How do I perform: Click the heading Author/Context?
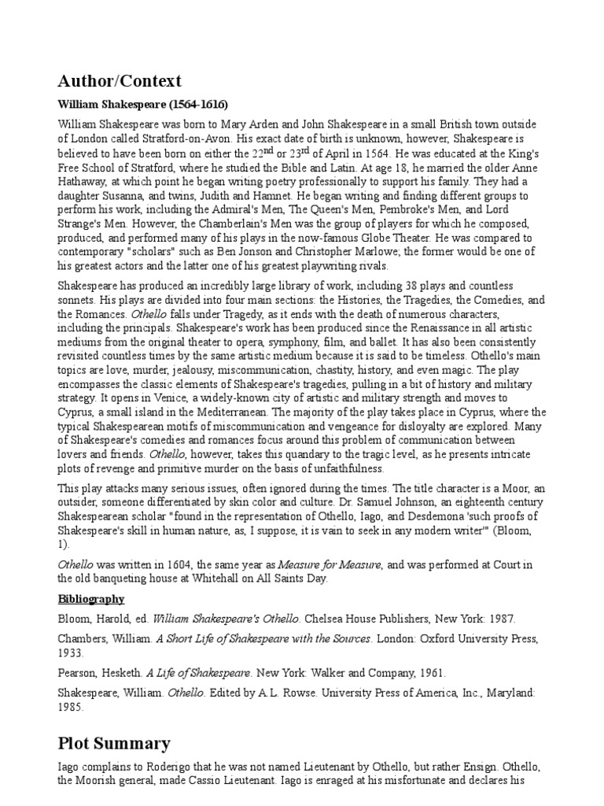pos(120,80)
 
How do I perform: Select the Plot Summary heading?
pos(113,742)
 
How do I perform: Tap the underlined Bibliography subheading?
pos(91,599)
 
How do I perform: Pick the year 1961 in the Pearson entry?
pos(429,673)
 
